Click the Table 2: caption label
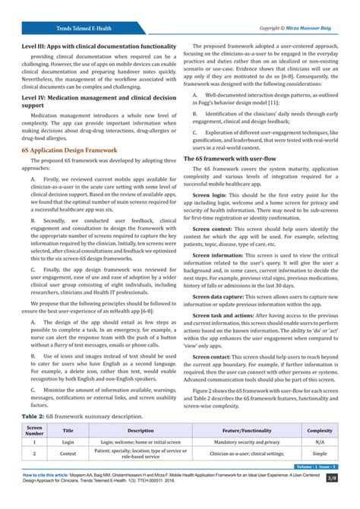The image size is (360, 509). [x=27, y=416]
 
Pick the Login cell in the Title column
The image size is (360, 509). [x=68, y=441]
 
